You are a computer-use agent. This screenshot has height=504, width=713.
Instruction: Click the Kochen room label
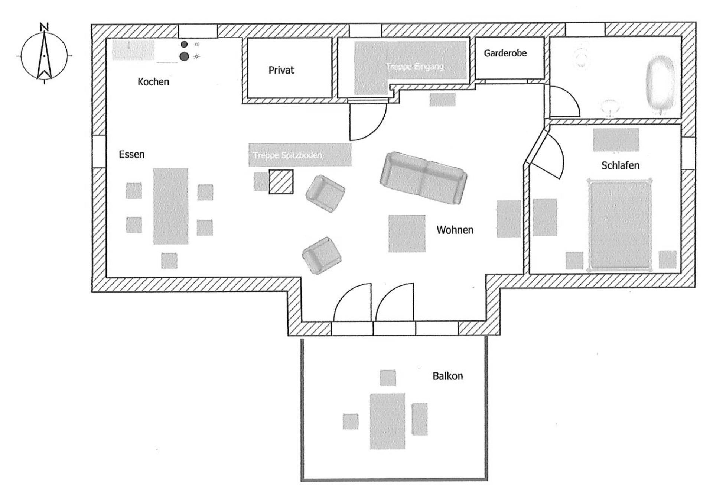tap(153, 82)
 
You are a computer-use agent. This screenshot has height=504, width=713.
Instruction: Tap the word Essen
tap(131, 154)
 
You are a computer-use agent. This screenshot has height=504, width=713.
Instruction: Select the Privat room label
tap(281, 70)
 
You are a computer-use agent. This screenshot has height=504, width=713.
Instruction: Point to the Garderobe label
tap(505, 53)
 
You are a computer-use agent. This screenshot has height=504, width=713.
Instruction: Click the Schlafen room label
tap(620, 165)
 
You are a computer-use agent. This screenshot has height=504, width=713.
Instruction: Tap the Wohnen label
tap(455, 230)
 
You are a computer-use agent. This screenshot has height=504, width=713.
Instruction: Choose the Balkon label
tap(447, 376)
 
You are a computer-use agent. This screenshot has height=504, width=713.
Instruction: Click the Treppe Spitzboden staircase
tap(300, 155)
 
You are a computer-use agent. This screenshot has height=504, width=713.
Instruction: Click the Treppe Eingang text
tap(415, 67)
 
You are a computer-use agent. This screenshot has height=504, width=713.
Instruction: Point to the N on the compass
tap(44, 27)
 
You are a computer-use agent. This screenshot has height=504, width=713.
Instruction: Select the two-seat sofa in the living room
tap(423, 178)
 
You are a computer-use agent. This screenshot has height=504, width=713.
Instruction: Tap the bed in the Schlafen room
tap(620, 225)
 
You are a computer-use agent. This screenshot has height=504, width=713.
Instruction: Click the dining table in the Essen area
tap(171, 206)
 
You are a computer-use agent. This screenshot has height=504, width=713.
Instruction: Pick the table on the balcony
tap(387, 421)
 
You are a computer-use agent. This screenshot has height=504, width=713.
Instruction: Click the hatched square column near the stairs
tap(281, 182)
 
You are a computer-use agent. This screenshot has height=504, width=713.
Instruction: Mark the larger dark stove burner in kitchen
tap(184, 56)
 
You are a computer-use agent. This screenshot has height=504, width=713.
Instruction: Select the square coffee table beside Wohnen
tap(407, 233)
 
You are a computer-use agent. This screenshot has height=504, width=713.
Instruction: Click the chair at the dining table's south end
tap(169, 260)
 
